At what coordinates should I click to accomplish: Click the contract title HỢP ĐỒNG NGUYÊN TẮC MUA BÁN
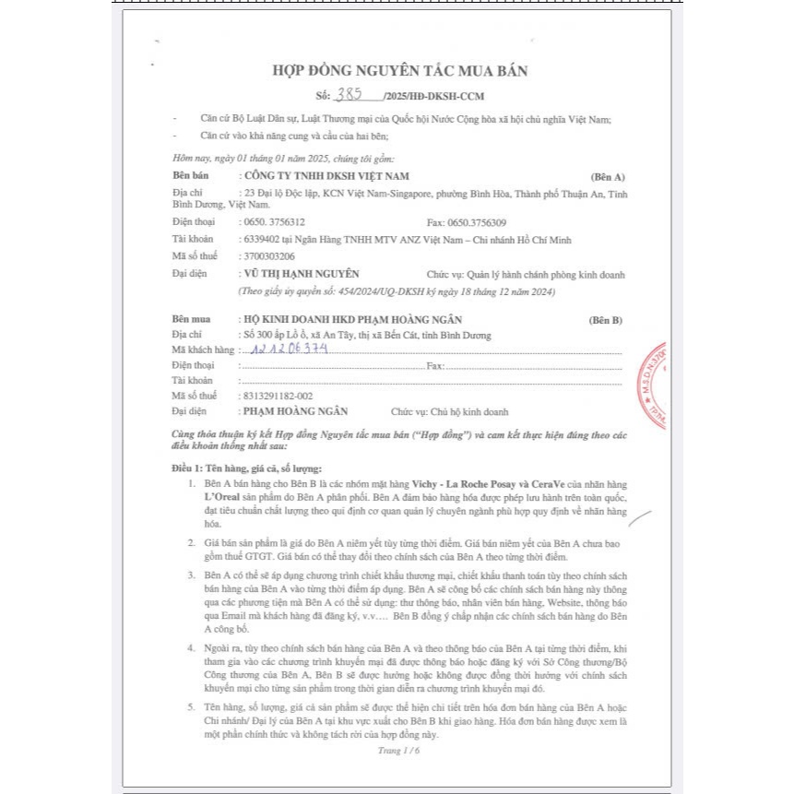(398, 71)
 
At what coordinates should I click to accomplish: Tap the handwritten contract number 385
(350, 94)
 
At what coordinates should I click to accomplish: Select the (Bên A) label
(607, 176)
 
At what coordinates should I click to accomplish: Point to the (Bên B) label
(605, 320)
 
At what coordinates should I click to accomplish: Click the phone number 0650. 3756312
(273, 222)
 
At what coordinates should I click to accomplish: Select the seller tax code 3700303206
(267, 256)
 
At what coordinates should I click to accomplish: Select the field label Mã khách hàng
(203, 350)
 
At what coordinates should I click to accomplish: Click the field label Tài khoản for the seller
(192, 240)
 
